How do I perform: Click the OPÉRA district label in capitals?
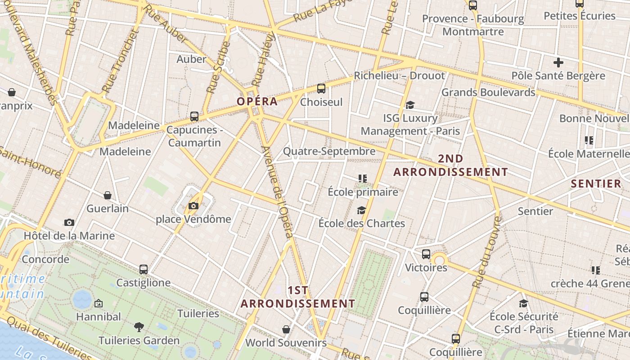click(x=257, y=102)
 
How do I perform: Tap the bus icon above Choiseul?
click(x=321, y=89)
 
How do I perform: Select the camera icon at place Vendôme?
click(x=193, y=206)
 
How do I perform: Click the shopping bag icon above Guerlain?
click(x=108, y=195)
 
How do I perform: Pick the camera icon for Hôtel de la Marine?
click(x=69, y=222)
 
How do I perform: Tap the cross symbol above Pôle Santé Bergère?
click(x=558, y=62)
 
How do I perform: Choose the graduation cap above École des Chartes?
click(x=361, y=210)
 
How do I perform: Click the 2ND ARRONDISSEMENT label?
click(x=450, y=165)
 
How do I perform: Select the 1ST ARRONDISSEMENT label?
click(x=298, y=297)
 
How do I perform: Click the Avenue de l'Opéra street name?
click(x=277, y=192)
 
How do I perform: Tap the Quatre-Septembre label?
click(x=329, y=151)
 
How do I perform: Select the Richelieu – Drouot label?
click(x=399, y=76)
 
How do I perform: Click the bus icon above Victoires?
click(x=426, y=254)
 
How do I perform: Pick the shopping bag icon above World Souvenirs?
click(x=286, y=329)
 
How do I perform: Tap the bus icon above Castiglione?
click(x=144, y=270)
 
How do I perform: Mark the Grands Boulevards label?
click(x=488, y=92)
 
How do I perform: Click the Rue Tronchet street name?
click(x=118, y=61)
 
